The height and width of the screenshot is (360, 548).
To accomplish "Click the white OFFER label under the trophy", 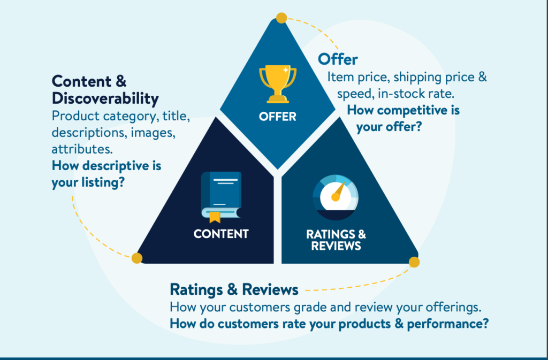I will click(x=277, y=116).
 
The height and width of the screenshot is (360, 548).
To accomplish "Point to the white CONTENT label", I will click(x=221, y=234).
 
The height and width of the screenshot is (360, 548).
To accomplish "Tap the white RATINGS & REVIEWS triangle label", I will click(x=336, y=240).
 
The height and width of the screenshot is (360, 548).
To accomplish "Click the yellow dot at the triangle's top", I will click(x=281, y=18).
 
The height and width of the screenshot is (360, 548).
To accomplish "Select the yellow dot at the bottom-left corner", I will click(x=137, y=258).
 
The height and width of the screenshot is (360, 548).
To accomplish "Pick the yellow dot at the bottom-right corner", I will click(x=414, y=262).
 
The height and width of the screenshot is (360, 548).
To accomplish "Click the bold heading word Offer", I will click(x=338, y=59).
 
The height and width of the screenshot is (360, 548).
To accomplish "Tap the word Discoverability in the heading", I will click(x=105, y=99).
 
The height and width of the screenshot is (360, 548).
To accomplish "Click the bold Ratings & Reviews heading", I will click(x=234, y=290).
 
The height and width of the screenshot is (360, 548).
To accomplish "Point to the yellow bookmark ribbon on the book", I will click(x=215, y=217).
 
